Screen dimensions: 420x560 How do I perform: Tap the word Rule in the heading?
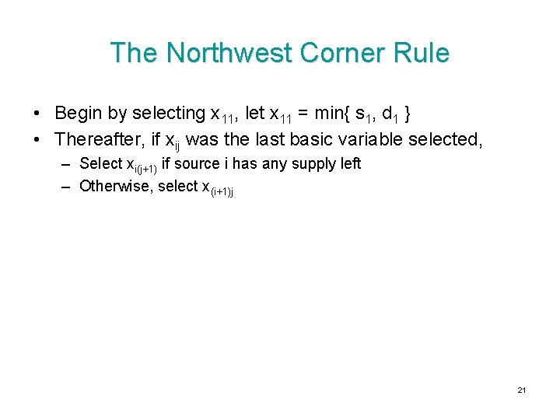tap(422, 53)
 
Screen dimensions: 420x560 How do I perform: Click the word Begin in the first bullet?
tap(79, 114)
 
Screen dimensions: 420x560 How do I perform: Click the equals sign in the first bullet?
tap(303, 114)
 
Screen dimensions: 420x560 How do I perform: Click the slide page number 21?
tap(522, 390)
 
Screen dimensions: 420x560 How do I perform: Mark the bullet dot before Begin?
tap(38, 114)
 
